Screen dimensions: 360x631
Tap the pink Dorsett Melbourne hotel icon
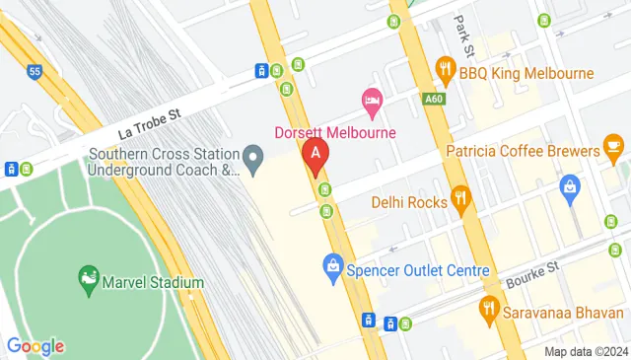(x=372, y=99)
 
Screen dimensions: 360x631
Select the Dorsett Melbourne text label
(x=334, y=132)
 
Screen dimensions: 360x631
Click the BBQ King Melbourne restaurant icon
(x=446, y=72)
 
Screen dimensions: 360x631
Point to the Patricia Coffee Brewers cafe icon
(x=613, y=151)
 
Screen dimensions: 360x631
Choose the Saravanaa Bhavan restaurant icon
(x=488, y=309)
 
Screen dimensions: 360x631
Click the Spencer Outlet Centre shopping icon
(x=333, y=266)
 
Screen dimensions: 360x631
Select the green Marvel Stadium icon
(x=90, y=281)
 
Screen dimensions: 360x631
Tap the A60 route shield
(x=435, y=99)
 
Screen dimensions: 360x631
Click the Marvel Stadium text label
(x=156, y=282)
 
